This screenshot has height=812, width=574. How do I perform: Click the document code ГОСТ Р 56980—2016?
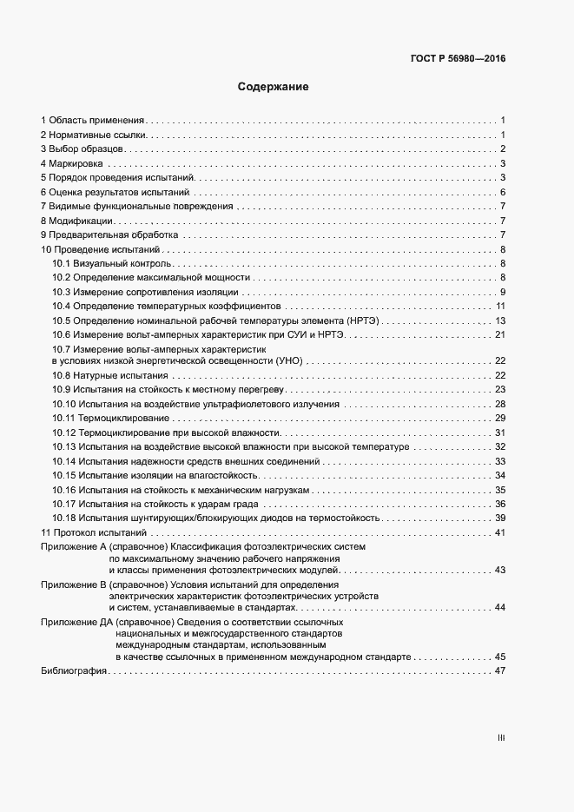click(x=457, y=59)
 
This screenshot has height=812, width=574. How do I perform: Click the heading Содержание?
click(x=274, y=88)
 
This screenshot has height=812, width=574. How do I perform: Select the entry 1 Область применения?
click(x=93, y=120)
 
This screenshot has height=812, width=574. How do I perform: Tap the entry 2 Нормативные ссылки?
click(x=95, y=135)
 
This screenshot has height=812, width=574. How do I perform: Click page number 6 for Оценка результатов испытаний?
click(x=503, y=192)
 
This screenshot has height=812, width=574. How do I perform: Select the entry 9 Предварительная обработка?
click(x=109, y=234)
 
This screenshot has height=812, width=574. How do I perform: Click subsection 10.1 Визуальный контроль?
click(x=111, y=263)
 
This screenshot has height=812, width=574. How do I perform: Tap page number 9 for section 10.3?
click(x=503, y=291)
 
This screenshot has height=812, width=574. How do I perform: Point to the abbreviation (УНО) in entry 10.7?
click(x=286, y=360)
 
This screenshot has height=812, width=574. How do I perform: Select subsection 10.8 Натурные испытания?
click(x=109, y=375)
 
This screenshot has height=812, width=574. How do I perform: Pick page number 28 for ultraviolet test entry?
click(x=500, y=404)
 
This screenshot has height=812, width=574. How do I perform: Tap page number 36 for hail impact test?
click(x=500, y=504)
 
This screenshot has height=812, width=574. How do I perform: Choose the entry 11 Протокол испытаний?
click(x=95, y=532)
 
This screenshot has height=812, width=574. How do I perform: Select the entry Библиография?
click(x=73, y=671)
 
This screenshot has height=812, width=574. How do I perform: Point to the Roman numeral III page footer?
click(x=501, y=738)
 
